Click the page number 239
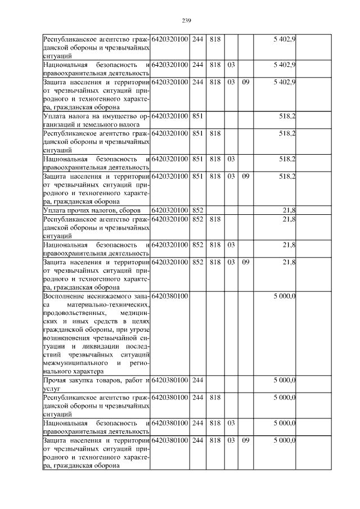[187, 21]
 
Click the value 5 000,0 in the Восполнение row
[285, 295]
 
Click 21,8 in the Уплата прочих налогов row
[289, 210]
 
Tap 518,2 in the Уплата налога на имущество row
[287, 116]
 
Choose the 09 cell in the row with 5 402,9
[245, 82]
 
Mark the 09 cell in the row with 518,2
[245, 176]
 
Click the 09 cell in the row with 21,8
[245, 262]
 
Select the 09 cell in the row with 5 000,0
[245, 440]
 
